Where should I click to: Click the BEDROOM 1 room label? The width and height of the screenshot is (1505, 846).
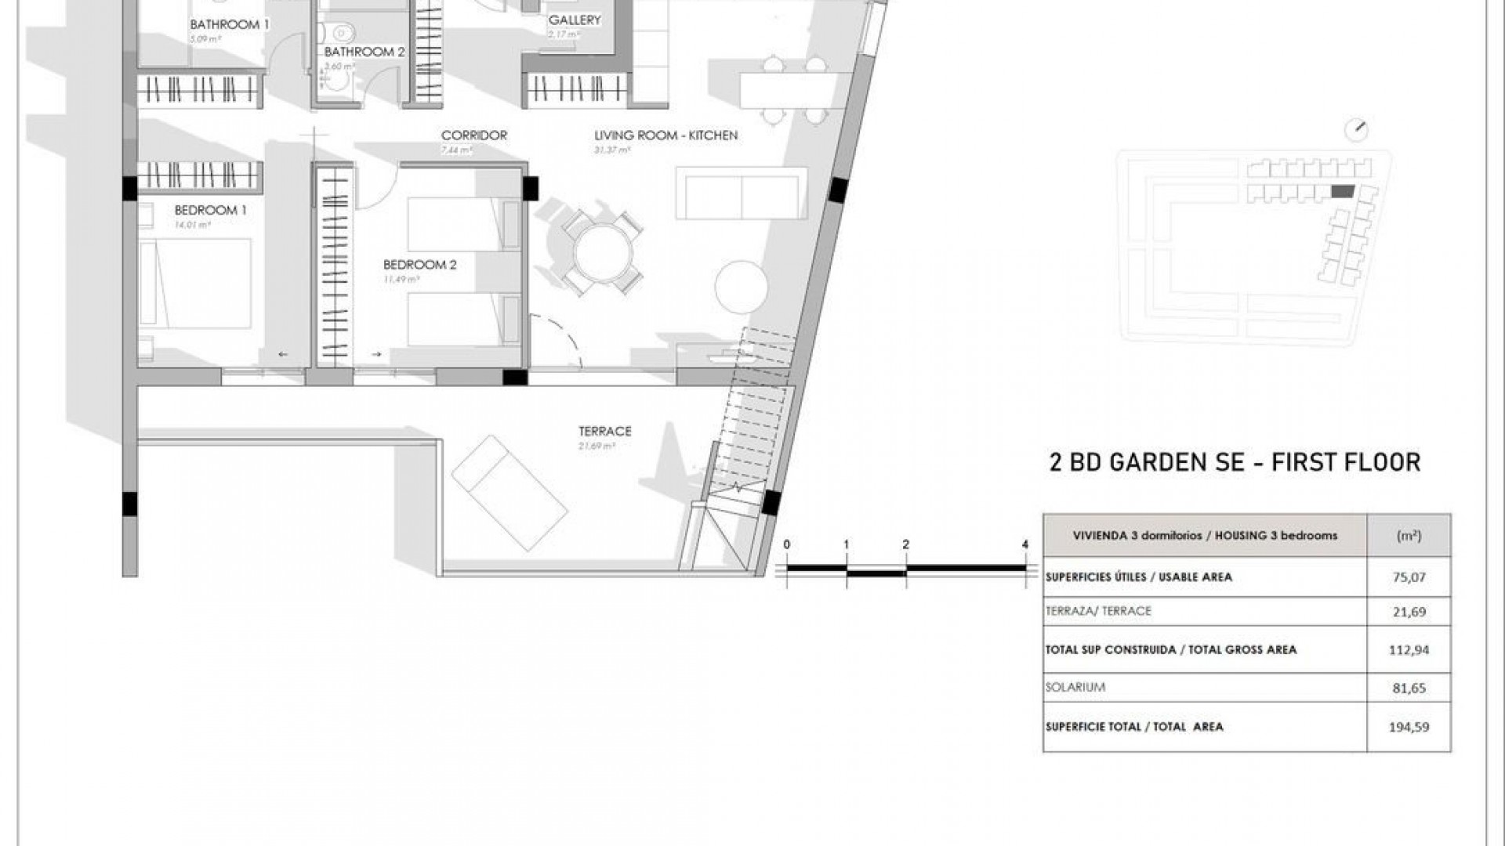click(x=205, y=210)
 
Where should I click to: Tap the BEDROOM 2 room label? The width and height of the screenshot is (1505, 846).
click(x=419, y=265)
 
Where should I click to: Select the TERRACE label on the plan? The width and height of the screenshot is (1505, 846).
click(x=604, y=431)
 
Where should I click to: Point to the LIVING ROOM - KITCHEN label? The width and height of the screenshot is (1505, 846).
click(x=665, y=136)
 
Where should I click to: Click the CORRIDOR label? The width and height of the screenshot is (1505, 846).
click(x=473, y=136)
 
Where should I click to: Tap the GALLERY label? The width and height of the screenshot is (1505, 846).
click(x=575, y=20)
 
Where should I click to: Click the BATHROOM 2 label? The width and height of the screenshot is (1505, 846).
click(x=364, y=52)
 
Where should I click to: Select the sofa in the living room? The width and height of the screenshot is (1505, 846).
click(x=741, y=193)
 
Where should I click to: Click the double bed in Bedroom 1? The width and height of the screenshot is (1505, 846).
click(x=194, y=283)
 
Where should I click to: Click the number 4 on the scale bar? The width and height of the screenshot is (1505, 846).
click(x=1025, y=544)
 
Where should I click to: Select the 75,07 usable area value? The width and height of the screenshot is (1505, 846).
click(x=1408, y=577)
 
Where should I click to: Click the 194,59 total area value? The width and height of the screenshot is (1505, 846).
click(x=1408, y=727)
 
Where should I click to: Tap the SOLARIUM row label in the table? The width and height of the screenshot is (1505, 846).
click(x=1075, y=687)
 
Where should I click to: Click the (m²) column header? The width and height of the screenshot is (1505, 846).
click(x=1408, y=536)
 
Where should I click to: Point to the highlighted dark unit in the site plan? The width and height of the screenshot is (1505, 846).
click(x=1342, y=191)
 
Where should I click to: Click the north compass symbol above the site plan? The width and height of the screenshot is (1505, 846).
click(x=1356, y=130)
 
